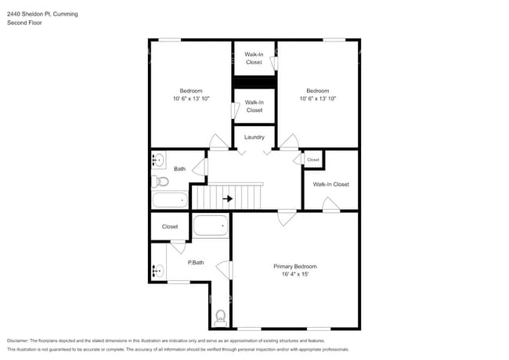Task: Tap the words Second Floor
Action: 24,23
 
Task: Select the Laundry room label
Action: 254,137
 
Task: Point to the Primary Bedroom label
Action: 294,266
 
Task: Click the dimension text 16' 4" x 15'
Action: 294,275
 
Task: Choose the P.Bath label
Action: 196,262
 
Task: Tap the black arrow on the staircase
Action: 227,199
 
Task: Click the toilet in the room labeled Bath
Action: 161,182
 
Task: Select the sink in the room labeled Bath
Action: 158,161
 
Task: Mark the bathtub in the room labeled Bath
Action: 170,200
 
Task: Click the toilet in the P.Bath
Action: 220,316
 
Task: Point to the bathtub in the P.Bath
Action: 210,226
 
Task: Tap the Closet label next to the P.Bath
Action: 170,227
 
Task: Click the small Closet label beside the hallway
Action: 313,160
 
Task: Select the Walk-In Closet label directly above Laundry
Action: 254,106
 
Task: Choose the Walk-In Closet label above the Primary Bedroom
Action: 330,185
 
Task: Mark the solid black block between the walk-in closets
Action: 254,82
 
